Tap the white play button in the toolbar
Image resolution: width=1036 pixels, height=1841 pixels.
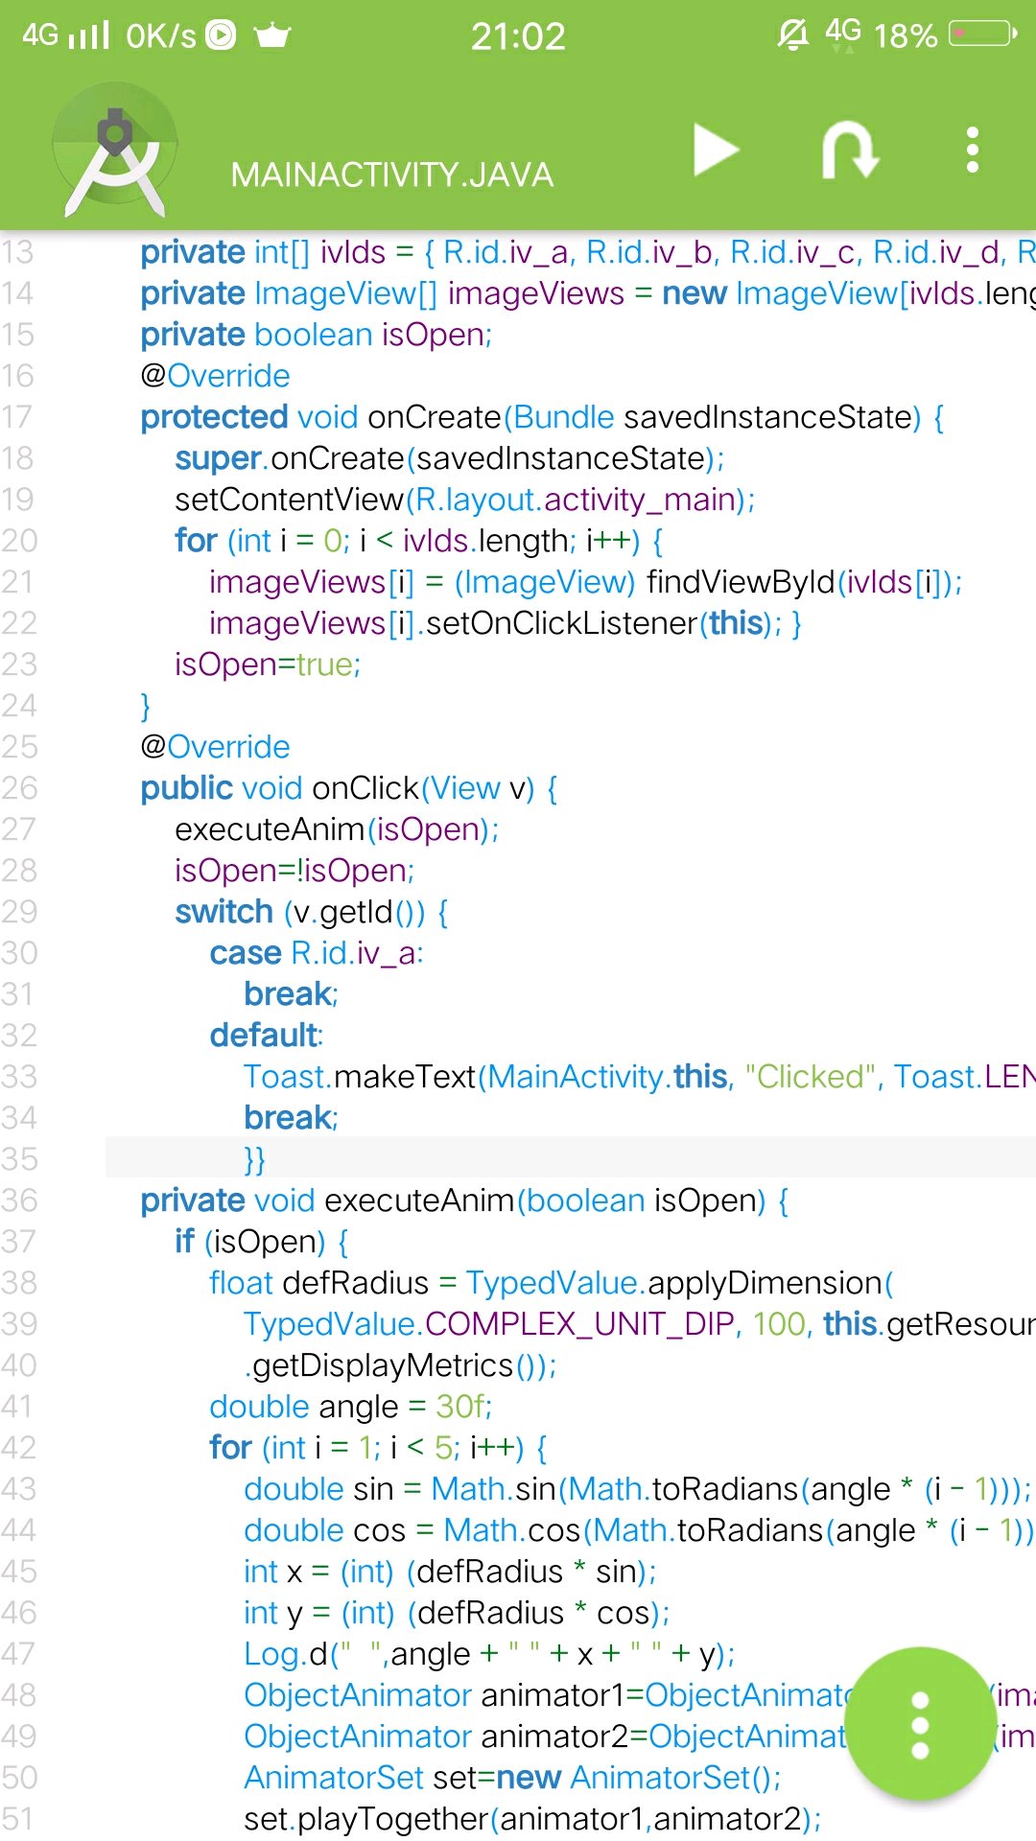pos(716,151)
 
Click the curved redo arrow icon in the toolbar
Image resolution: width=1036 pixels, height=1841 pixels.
pos(850,151)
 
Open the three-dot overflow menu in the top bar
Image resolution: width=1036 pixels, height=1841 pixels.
pos(973,151)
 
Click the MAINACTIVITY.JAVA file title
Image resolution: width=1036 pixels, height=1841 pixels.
pos(392,175)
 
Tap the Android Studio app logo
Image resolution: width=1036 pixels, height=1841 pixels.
pos(115,151)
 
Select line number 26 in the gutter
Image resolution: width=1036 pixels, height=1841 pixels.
pos(19,788)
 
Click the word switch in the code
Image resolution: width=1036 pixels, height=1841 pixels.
pos(224,912)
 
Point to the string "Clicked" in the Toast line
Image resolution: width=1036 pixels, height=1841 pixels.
pos(812,1077)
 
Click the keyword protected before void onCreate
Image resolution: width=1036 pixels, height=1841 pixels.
pos(214,417)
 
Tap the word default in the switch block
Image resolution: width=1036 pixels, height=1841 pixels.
pos(264,1036)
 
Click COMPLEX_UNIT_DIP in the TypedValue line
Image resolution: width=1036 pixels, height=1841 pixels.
pos(579,1324)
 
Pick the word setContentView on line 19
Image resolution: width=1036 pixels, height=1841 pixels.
pos(289,500)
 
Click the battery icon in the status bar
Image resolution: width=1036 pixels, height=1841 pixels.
pos(981,35)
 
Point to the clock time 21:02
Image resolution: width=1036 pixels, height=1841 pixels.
pos(518,36)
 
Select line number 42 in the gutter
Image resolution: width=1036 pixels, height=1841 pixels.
pos(19,1448)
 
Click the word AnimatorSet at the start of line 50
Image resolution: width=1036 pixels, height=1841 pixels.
pos(333,1778)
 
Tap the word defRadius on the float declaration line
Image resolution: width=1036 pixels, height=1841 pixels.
pos(356,1283)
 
